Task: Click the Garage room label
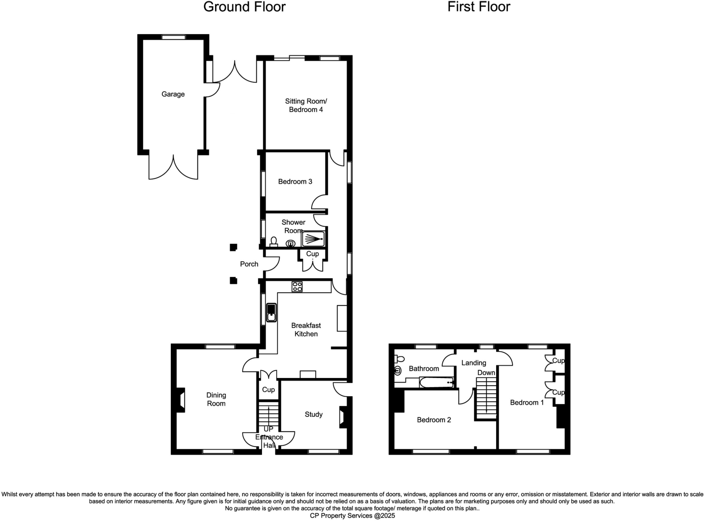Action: pos(173,94)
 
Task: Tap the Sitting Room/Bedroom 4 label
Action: pos(306,105)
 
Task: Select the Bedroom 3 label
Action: pos(295,181)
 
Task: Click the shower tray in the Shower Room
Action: pos(313,238)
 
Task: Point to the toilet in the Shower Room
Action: pos(274,242)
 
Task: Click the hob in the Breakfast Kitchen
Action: pos(297,286)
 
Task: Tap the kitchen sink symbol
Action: pos(272,313)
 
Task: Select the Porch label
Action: pos(249,264)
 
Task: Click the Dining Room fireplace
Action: pos(181,400)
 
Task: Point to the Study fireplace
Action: pos(343,418)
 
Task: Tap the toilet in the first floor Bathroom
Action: pos(399,359)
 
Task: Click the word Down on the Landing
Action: pos(486,372)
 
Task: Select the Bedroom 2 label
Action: pos(434,420)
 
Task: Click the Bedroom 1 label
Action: pos(527,402)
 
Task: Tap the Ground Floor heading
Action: pos(244,7)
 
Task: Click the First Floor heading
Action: pos(478,7)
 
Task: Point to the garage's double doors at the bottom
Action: pos(173,167)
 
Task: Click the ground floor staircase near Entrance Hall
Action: pos(269,415)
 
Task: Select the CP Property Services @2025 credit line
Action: pos(352,515)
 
